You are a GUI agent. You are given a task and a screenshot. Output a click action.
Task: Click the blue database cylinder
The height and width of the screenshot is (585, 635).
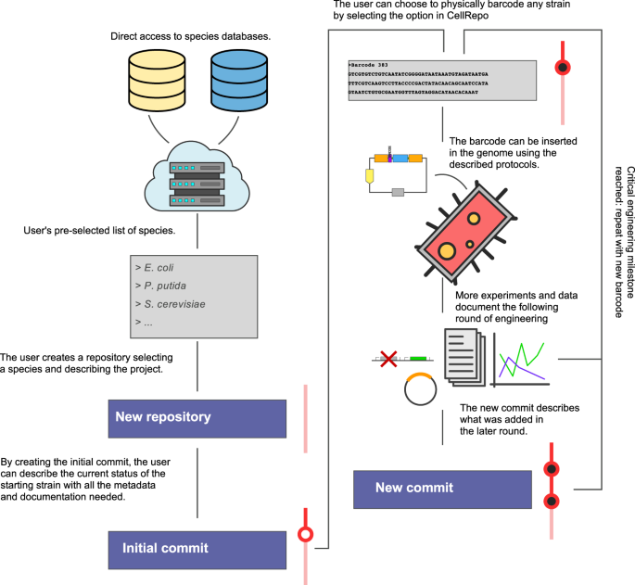(x=240, y=75)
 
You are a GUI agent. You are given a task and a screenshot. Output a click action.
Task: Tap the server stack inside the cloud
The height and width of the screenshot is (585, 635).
(x=196, y=178)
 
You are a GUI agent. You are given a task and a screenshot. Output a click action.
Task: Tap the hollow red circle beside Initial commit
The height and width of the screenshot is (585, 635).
(x=303, y=534)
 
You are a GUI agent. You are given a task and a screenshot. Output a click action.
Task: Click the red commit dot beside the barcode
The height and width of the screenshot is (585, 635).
(x=561, y=67)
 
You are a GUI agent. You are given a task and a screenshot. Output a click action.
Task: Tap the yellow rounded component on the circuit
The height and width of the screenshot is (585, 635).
(x=370, y=173)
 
